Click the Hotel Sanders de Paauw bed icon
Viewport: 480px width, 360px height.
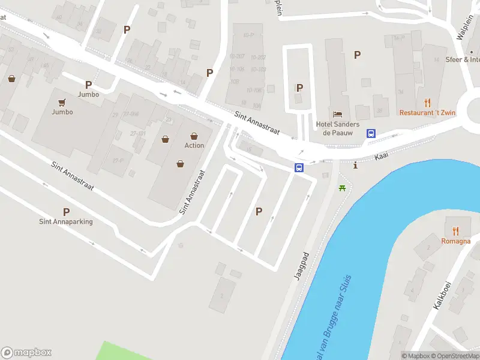coord(337,114)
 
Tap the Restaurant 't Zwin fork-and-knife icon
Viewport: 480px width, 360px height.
coord(427,103)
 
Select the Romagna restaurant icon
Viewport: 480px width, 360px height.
coord(455,230)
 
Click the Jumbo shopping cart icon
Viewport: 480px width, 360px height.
coord(62,102)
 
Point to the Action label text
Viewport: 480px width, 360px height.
coord(194,145)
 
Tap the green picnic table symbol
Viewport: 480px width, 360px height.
coord(343,188)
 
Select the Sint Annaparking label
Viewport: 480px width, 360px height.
coord(66,221)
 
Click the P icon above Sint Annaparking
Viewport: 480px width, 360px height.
coord(66,211)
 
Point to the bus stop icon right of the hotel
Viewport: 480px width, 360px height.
coord(371,134)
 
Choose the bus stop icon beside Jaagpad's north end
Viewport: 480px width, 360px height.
coord(299,168)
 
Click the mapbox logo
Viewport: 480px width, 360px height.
coord(26,353)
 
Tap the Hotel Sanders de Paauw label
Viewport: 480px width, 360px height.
coord(337,128)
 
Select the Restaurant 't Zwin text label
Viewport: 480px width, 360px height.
coord(427,112)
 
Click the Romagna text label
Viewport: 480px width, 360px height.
coord(455,240)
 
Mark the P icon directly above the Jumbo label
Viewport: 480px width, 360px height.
coord(88,85)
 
